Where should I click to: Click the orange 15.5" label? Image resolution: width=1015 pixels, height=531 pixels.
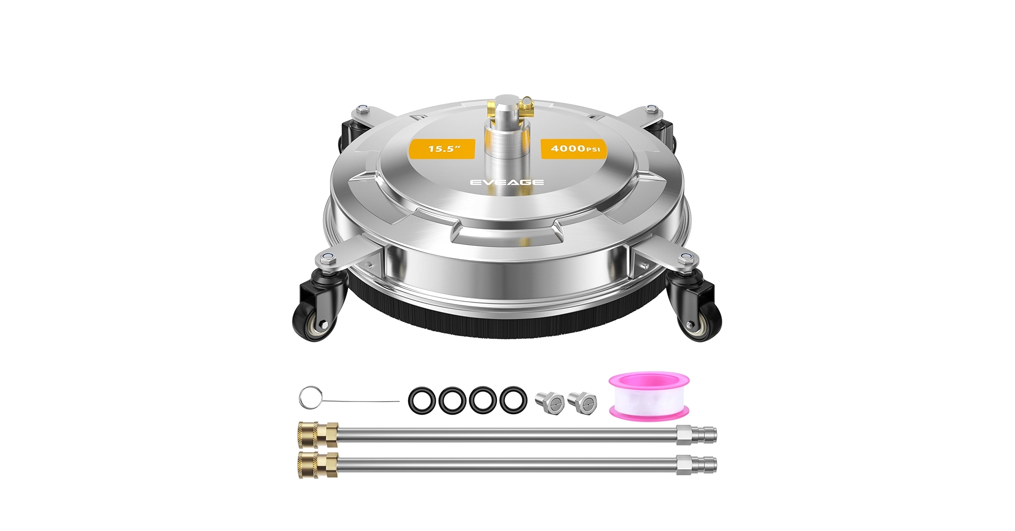tap(443, 149)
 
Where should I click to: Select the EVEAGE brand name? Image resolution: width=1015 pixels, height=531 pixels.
tap(507, 182)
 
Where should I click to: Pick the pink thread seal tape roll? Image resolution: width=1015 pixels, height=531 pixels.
tap(649, 396)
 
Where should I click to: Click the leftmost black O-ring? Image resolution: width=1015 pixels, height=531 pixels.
tap(422, 400)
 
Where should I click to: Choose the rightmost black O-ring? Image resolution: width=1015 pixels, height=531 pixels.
tap(513, 400)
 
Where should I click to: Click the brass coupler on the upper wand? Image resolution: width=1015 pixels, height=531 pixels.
tap(318, 434)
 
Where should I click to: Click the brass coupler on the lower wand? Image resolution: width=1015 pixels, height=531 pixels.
tap(318, 465)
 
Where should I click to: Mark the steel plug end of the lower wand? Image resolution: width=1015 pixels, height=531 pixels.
tap(696, 465)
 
